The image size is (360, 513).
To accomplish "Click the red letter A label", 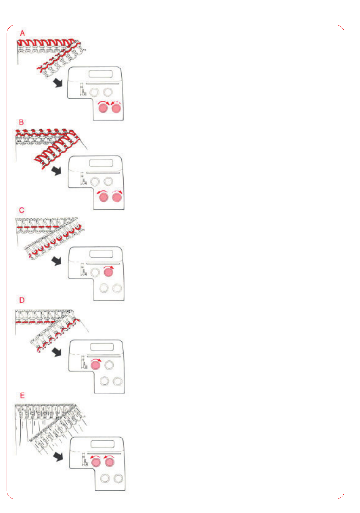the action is tap(22, 33).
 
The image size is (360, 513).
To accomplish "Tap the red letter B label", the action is tap(22, 122).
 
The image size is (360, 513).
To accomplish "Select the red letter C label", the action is tap(22, 210).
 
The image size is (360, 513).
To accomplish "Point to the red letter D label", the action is tap(22, 300).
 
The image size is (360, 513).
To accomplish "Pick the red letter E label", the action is tap(22, 395).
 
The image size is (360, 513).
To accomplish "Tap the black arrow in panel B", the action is tap(56, 171).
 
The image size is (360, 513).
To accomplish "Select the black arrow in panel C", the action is tap(56, 261).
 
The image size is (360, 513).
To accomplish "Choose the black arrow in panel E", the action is tap(58, 457).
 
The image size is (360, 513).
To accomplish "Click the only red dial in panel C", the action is tap(108, 272).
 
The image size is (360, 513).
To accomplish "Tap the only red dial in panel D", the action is tap(95, 365).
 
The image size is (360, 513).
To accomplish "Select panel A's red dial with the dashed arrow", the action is tap(117, 108).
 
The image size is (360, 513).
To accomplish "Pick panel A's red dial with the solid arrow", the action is tap(103, 108).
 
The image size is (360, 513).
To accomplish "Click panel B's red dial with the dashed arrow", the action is tap(117, 197).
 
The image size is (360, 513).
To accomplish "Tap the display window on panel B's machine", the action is tap(101, 163).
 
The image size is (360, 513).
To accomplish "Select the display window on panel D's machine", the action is tap(102, 347).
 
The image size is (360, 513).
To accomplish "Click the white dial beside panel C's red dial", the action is tap(95, 273).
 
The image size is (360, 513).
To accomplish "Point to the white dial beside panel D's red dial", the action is tap(109, 365).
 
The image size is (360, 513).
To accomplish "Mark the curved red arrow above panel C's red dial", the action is tap(108, 266).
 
